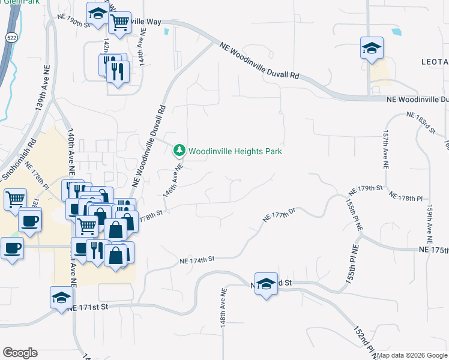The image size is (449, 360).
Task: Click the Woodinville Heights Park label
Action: tap(235, 151)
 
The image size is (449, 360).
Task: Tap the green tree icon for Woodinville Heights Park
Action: tap(178, 149)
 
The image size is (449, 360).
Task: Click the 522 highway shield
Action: tap(12, 38)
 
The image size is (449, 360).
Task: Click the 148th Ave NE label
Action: tap(223, 307)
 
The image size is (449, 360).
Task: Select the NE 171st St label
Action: tap(88, 307)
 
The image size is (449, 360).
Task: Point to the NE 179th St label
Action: tap(366, 188)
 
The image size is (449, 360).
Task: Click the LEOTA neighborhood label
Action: tap(435, 62)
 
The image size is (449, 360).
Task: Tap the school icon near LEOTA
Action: tap(372, 48)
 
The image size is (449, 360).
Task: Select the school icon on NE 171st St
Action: tap(61, 298)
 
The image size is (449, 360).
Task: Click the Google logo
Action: tap(20, 353)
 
